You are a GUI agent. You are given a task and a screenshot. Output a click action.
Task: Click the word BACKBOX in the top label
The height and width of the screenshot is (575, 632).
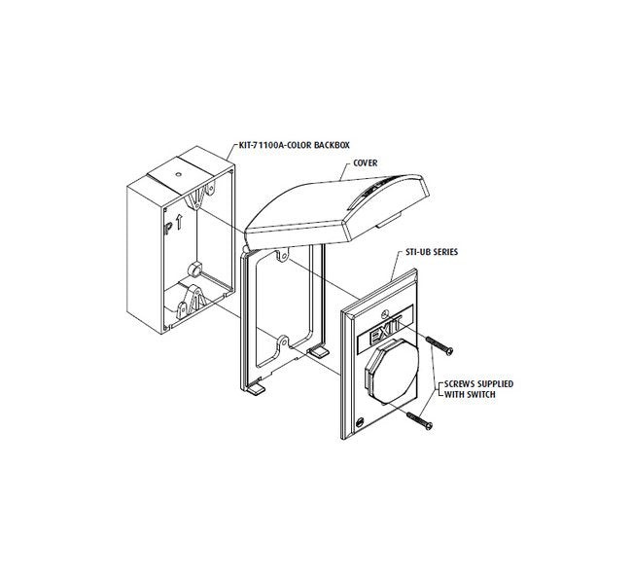pyautogui.click(x=332, y=145)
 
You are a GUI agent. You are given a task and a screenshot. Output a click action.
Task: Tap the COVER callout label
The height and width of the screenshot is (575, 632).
pyautogui.click(x=366, y=162)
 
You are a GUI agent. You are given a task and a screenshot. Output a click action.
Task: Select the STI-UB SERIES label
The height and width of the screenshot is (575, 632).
pyautogui.click(x=433, y=252)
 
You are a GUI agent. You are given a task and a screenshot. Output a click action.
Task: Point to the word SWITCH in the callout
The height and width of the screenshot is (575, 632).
pyautogui.click(x=481, y=394)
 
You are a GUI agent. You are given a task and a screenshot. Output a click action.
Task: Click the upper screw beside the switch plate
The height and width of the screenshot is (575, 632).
pyautogui.click(x=439, y=345)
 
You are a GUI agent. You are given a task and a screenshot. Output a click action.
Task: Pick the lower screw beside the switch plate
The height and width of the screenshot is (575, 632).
pyautogui.click(x=420, y=420)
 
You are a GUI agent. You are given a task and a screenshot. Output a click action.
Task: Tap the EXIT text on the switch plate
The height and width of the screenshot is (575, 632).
pyautogui.click(x=385, y=330)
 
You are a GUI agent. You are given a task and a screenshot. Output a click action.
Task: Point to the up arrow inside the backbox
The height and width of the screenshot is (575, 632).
pyautogui.click(x=179, y=222)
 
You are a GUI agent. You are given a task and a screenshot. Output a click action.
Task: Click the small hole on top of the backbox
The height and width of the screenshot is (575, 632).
pyautogui.click(x=178, y=174)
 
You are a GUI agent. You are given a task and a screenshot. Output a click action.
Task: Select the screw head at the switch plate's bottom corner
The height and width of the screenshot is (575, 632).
pyautogui.click(x=360, y=422)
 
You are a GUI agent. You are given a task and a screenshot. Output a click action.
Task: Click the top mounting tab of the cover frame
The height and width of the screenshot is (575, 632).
pyautogui.click(x=283, y=255)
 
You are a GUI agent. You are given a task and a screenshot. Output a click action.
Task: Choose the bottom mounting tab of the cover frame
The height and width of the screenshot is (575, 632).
pyautogui.click(x=283, y=341)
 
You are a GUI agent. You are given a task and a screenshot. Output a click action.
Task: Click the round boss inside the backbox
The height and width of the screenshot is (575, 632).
pyautogui.click(x=195, y=269)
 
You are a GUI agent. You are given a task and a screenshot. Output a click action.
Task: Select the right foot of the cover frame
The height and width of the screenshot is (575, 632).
pyautogui.click(x=318, y=352)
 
